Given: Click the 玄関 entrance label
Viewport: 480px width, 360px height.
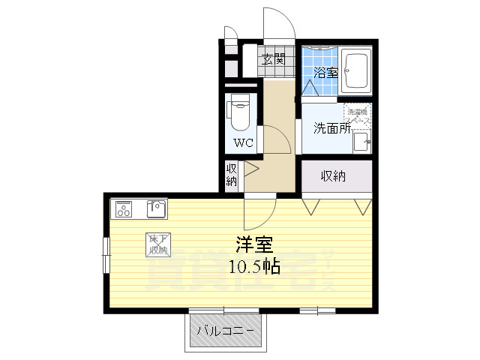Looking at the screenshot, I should click(x=273, y=58).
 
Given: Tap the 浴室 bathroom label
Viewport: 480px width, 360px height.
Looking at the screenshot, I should click(x=325, y=73).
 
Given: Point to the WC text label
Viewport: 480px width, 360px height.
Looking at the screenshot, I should click(x=241, y=142).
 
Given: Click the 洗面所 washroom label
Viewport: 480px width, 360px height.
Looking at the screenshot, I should click(x=332, y=127).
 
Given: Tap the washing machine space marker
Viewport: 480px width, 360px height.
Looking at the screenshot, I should click(x=358, y=115).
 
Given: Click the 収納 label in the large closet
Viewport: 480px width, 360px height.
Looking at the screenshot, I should click(x=334, y=176).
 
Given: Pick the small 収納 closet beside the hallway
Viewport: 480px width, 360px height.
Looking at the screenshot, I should click(x=232, y=175).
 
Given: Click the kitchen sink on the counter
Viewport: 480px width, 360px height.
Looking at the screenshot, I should click(x=157, y=206).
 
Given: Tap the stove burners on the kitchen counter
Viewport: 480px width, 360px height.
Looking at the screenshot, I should click(x=122, y=207).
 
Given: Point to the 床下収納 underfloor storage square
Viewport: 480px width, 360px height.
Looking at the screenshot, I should click(x=157, y=244).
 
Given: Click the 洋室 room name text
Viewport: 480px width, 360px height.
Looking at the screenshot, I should click(x=254, y=244).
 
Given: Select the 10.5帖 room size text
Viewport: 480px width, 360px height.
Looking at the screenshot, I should click(x=254, y=267).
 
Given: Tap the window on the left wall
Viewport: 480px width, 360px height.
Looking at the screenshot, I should click(x=106, y=254).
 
